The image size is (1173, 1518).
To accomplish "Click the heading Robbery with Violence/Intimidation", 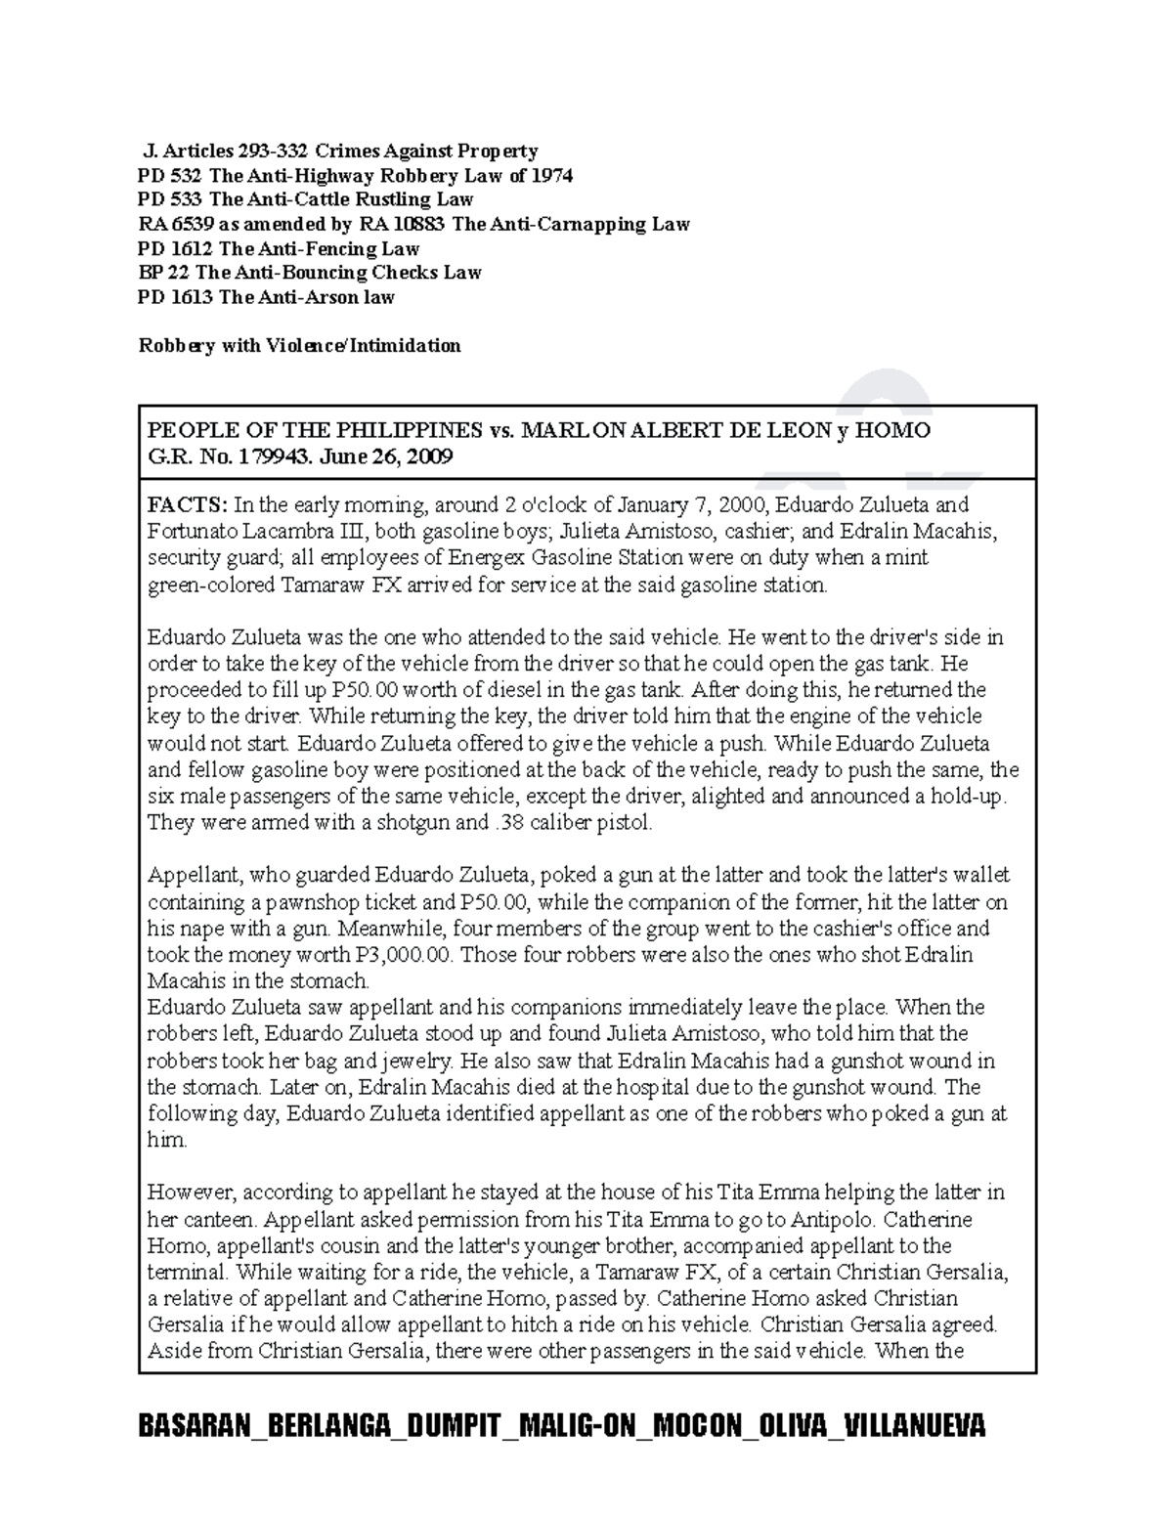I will click(299, 345).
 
